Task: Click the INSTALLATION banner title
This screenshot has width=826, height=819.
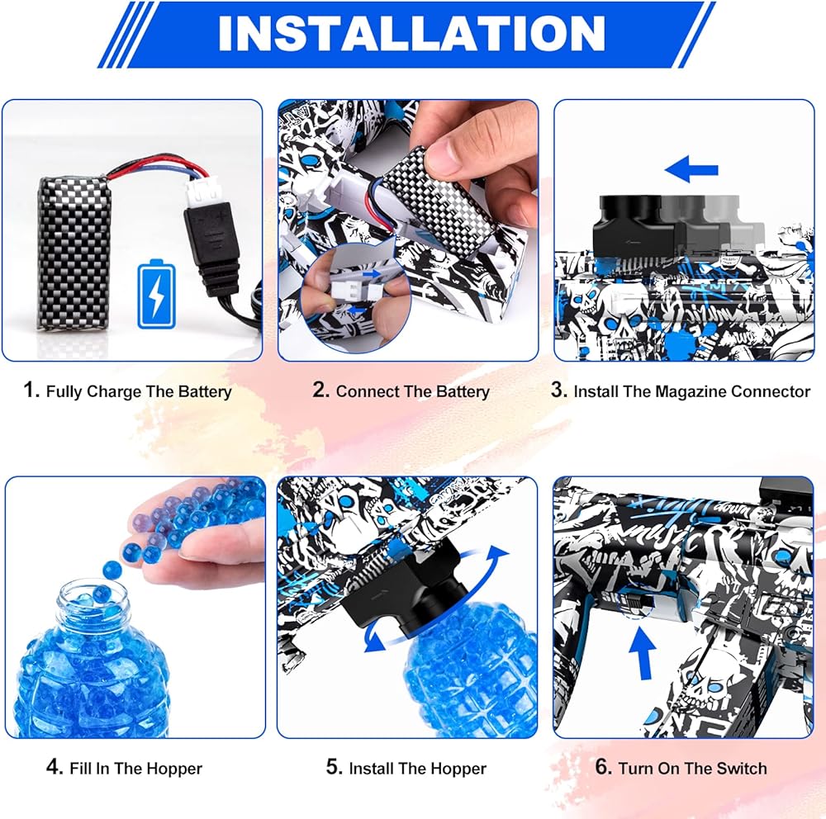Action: click(x=411, y=33)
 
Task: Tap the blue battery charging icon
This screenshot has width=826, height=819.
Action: click(x=156, y=294)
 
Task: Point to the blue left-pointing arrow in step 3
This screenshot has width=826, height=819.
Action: click(x=691, y=169)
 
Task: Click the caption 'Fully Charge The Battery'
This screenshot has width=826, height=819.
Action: click(x=139, y=391)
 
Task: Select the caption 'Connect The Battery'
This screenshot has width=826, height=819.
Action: click(x=412, y=391)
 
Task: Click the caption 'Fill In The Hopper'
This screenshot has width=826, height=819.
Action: click(x=135, y=769)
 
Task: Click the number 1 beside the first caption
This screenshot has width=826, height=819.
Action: click(x=31, y=391)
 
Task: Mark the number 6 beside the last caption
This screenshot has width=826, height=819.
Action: click(x=603, y=767)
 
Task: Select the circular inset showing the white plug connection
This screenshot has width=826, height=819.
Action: click(x=354, y=297)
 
